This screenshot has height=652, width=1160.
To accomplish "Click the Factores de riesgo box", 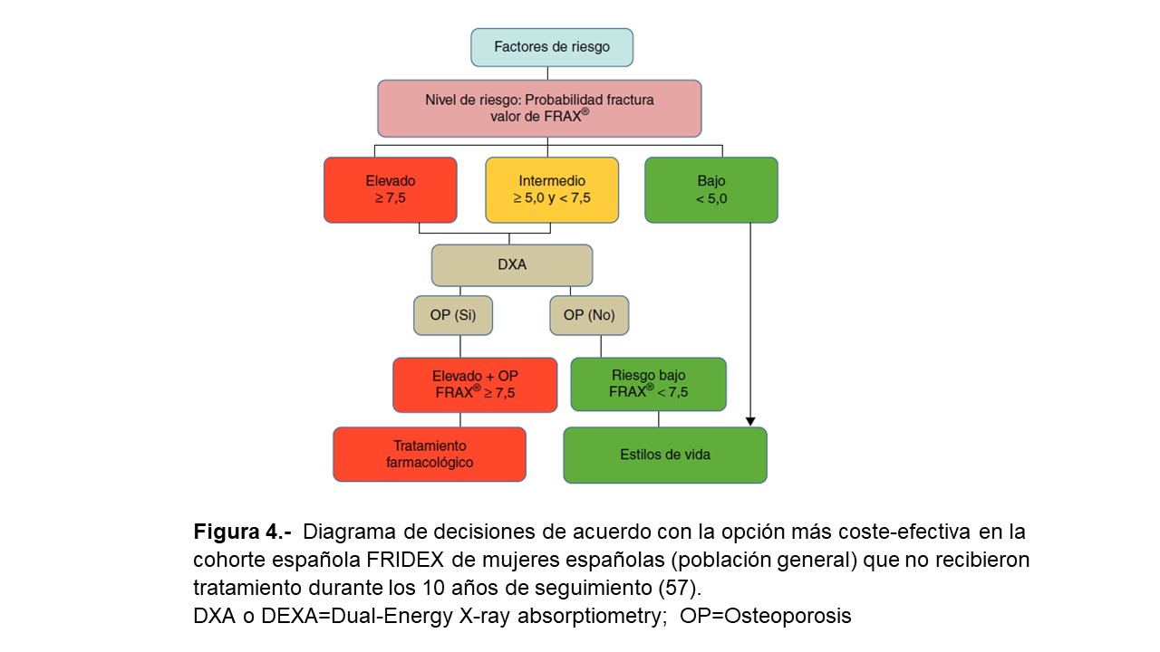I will coord(551,47).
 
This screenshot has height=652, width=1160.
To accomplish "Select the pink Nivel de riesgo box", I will coord(539,108).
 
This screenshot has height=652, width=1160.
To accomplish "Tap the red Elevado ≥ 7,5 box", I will coord(390,190).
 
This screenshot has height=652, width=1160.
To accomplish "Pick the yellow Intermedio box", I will coord(552,190).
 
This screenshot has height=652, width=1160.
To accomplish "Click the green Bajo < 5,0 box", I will coord(710,190).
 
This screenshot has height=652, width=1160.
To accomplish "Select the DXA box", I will coord(512,265).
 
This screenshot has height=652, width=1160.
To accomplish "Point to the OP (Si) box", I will coord(453,315).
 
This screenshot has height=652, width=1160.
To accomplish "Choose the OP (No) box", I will coord(589,315).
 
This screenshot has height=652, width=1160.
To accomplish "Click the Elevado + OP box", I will coord(475,385).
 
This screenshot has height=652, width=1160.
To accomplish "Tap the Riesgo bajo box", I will coord(648,384).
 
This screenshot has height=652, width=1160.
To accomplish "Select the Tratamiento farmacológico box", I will coord(430,454).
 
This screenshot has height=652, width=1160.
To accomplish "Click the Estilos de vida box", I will coord(665,455).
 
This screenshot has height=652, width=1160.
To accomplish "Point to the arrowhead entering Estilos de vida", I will coord(750,421).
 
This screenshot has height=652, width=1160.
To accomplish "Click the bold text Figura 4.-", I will coord(242,532).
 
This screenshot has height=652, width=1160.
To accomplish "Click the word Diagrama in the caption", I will coord(354,532).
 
